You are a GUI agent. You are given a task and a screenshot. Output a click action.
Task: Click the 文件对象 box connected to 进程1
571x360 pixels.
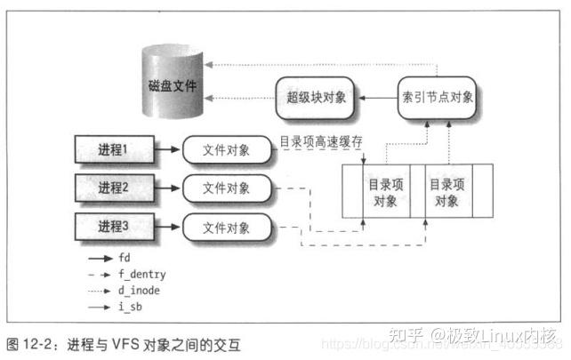point(227,148)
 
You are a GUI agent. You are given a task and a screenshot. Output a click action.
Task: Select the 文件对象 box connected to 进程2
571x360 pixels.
point(227,188)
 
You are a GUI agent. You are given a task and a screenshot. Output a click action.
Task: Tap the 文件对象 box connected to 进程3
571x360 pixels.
point(227,227)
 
